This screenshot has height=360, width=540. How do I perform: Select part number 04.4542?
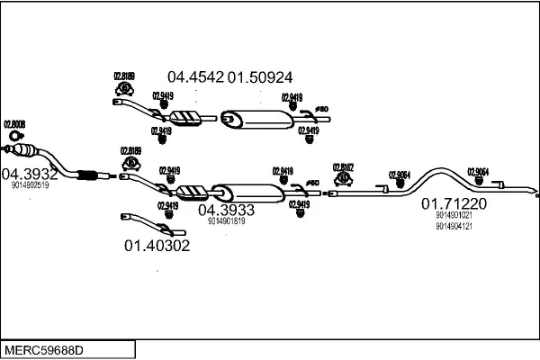pos(195,77)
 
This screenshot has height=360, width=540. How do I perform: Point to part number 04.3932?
pos(30,173)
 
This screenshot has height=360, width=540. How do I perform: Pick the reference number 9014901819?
pos(226,220)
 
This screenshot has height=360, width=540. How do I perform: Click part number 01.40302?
pos(157,245)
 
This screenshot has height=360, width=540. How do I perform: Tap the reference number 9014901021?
pos(454,216)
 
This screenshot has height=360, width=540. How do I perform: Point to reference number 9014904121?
pos(454,226)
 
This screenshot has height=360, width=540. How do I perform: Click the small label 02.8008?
pos(14,123)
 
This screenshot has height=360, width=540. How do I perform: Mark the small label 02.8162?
pos(343,166)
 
